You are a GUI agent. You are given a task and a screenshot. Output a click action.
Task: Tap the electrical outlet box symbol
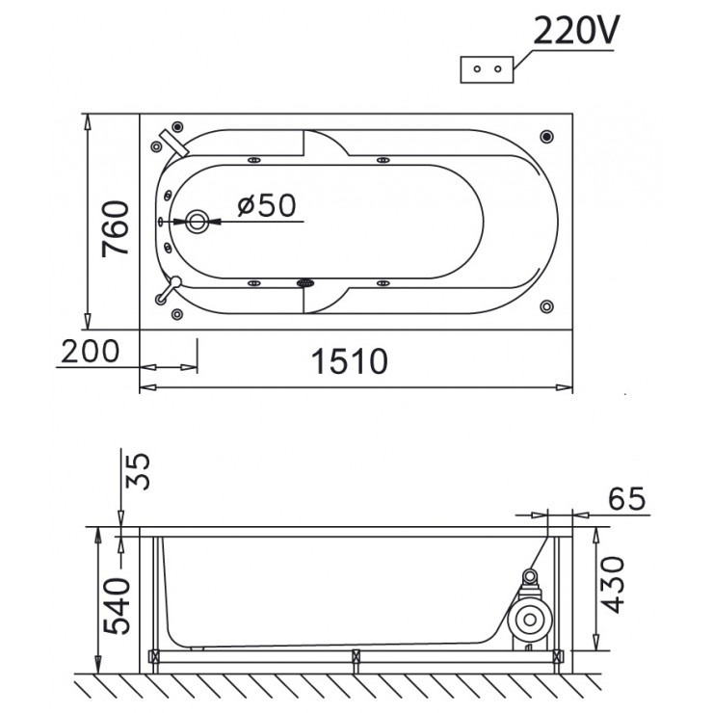(x=489, y=68)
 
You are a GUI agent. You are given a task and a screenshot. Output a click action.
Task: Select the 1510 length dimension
(x=349, y=361)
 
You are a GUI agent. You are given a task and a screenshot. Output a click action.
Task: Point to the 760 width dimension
(x=117, y=228)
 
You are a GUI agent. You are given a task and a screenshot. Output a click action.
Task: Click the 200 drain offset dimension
(x=89, y=352)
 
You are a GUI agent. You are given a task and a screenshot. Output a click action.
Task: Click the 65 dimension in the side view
(x=626, y=500)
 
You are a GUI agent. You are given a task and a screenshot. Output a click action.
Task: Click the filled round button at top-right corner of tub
(x=547, y=137)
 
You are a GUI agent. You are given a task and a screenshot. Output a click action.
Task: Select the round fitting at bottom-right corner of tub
(x=547, y=307)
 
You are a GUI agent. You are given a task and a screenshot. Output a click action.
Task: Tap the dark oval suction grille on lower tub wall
(x=306, y=283)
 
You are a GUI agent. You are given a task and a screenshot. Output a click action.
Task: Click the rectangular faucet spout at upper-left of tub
(x=176, y=140)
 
